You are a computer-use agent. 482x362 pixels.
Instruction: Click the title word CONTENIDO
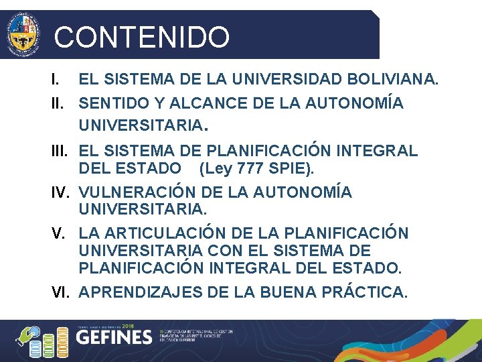tap(141, 37)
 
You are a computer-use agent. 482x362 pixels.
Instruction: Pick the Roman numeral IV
tap(62, 192)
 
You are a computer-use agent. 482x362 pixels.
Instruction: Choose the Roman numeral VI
tap(62, 292)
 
